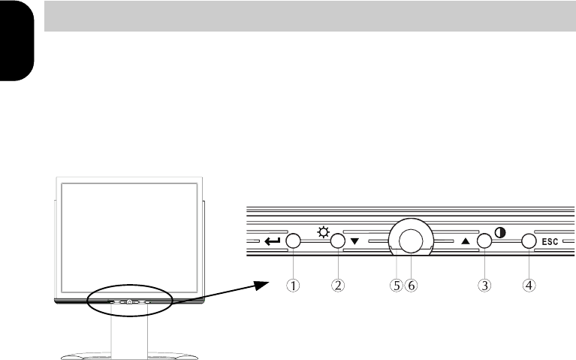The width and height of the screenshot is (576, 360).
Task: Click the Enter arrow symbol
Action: pyautogui.click(x=272, y=241)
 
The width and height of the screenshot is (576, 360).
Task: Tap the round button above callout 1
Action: pyautogui.click(x=293, y=241)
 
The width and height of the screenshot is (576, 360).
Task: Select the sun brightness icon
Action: pyautogui.click(x=323, y=232)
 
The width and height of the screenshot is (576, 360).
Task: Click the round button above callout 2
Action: pyautogui.click(x=338, y=241)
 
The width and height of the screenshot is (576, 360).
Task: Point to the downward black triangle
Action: pyautogui.click(x=355, y=241)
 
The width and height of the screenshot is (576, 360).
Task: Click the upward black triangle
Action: pyautogui.click(x=466, y=241)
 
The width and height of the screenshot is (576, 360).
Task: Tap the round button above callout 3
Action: pyautogui.click(x=484, y=241)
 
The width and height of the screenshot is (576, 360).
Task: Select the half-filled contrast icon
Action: pyautogui.click(x=500, y=233)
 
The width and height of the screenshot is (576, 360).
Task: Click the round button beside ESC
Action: pyautogui.click(x=529, y=241)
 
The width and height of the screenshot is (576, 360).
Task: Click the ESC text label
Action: pyautogui.click(x=550, y=241)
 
